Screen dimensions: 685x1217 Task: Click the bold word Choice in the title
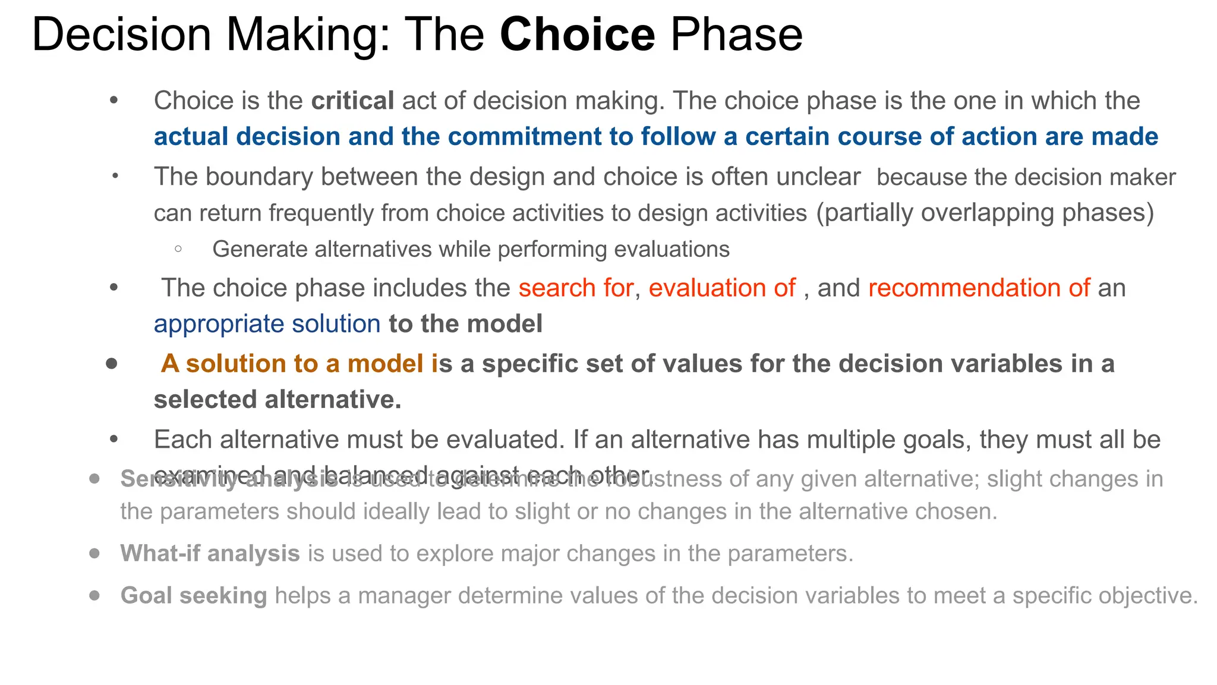(577, 34)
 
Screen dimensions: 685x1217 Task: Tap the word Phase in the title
(736, 34)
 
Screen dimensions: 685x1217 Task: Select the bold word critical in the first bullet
(352, 100)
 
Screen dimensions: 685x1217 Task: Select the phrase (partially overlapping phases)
(985, 213)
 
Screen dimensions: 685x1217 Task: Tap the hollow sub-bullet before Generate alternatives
(178, 249)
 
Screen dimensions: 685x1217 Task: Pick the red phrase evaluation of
(721, 288)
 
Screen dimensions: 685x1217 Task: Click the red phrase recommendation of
(979, 288)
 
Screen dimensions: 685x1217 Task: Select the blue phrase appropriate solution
(267, 324)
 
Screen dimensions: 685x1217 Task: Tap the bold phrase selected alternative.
(277, 400)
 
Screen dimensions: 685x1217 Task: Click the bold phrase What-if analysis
(210, 554)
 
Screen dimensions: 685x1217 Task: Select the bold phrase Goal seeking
(194, 596)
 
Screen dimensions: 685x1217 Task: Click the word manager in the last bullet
(404, 596)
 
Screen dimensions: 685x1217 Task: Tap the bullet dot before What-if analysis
(94, 554)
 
